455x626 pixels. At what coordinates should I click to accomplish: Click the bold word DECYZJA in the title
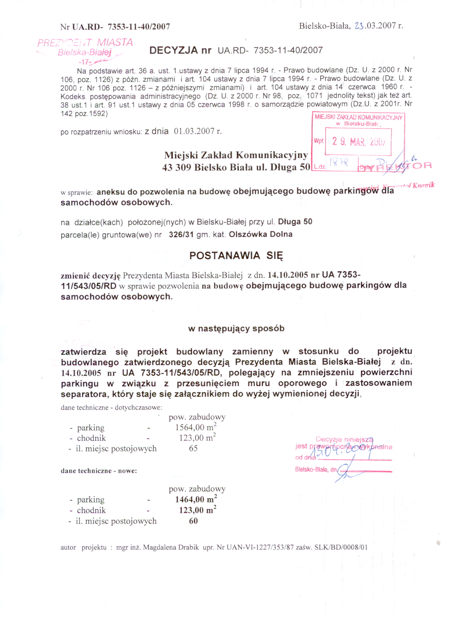[173, 50]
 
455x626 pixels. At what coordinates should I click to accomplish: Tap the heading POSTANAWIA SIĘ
[236, 256]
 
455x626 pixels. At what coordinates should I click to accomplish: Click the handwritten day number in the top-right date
[359, 26]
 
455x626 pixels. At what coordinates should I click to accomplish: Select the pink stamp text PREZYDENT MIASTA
[85, 43]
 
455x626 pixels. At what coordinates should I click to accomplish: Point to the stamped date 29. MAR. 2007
[358, 142]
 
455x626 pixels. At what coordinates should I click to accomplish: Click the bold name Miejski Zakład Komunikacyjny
[236, 155]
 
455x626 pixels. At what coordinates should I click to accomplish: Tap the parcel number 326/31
[181, 235]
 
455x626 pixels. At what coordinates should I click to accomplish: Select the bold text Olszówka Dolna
[260, 235]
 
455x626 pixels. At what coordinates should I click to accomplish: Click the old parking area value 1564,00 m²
[196, 428]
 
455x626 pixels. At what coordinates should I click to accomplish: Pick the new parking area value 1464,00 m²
[196, 500]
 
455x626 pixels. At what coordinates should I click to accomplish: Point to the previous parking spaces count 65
[193, 448]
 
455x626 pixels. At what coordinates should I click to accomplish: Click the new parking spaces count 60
[193, 521]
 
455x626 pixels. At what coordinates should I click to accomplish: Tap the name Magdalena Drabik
[171, 548]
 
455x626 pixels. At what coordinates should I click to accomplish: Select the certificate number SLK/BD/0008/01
[341, 548]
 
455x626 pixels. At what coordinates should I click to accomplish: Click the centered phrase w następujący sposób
[236, 329]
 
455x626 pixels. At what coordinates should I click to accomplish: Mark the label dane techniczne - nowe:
[99, 471]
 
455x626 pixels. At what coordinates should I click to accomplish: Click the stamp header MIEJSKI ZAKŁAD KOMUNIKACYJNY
[358, 118]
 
